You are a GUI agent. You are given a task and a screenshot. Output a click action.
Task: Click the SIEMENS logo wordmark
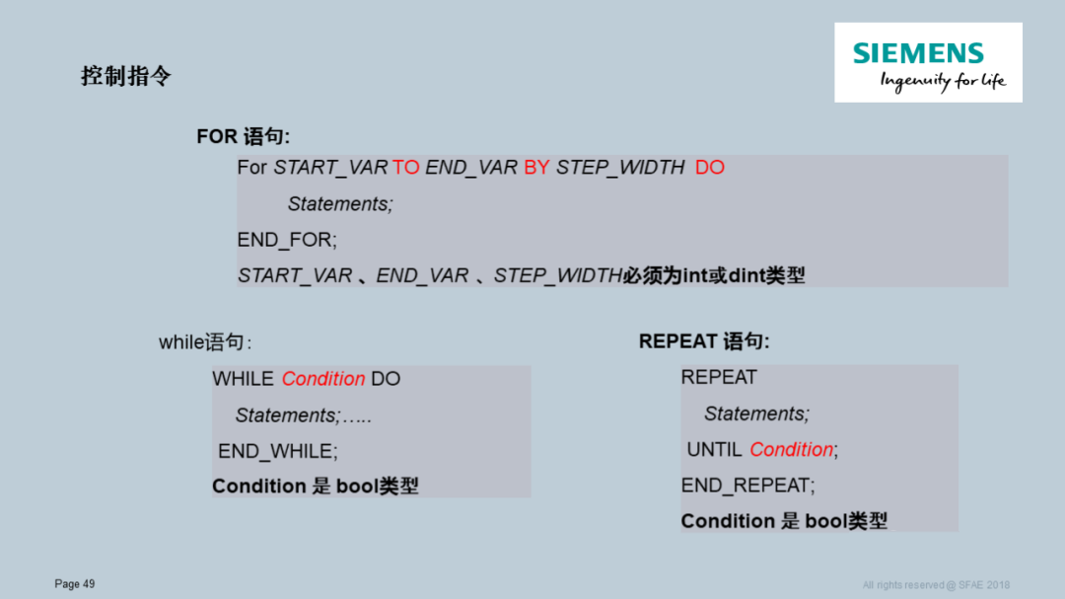918,53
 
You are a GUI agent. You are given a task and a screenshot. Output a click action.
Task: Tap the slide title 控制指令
126,76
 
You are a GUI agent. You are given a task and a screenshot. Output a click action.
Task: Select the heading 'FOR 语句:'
243,136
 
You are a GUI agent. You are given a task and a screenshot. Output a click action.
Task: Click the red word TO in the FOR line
405,168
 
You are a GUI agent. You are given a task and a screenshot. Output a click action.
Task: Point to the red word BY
536,168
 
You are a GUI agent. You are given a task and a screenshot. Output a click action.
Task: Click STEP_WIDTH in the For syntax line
620,168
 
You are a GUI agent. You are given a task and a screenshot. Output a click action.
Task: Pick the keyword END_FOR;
287,240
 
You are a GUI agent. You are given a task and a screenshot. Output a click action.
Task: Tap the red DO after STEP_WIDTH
710,168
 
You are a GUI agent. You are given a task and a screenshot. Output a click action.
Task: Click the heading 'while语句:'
205,343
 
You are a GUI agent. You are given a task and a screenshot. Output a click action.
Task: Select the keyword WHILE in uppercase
243,379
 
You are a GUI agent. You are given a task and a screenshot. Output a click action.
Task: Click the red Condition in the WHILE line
323,379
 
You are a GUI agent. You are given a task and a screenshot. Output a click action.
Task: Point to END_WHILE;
278,451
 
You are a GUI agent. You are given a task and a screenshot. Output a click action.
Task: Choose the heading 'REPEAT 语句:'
704,341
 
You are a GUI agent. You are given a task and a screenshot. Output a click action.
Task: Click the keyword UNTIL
714,450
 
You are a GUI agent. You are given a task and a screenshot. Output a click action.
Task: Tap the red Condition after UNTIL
791,450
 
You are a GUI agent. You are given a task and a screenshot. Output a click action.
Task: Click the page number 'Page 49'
75,584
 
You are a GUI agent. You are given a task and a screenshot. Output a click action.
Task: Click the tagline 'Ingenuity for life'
943,81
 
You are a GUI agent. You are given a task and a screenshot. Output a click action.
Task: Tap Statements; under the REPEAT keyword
756,413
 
